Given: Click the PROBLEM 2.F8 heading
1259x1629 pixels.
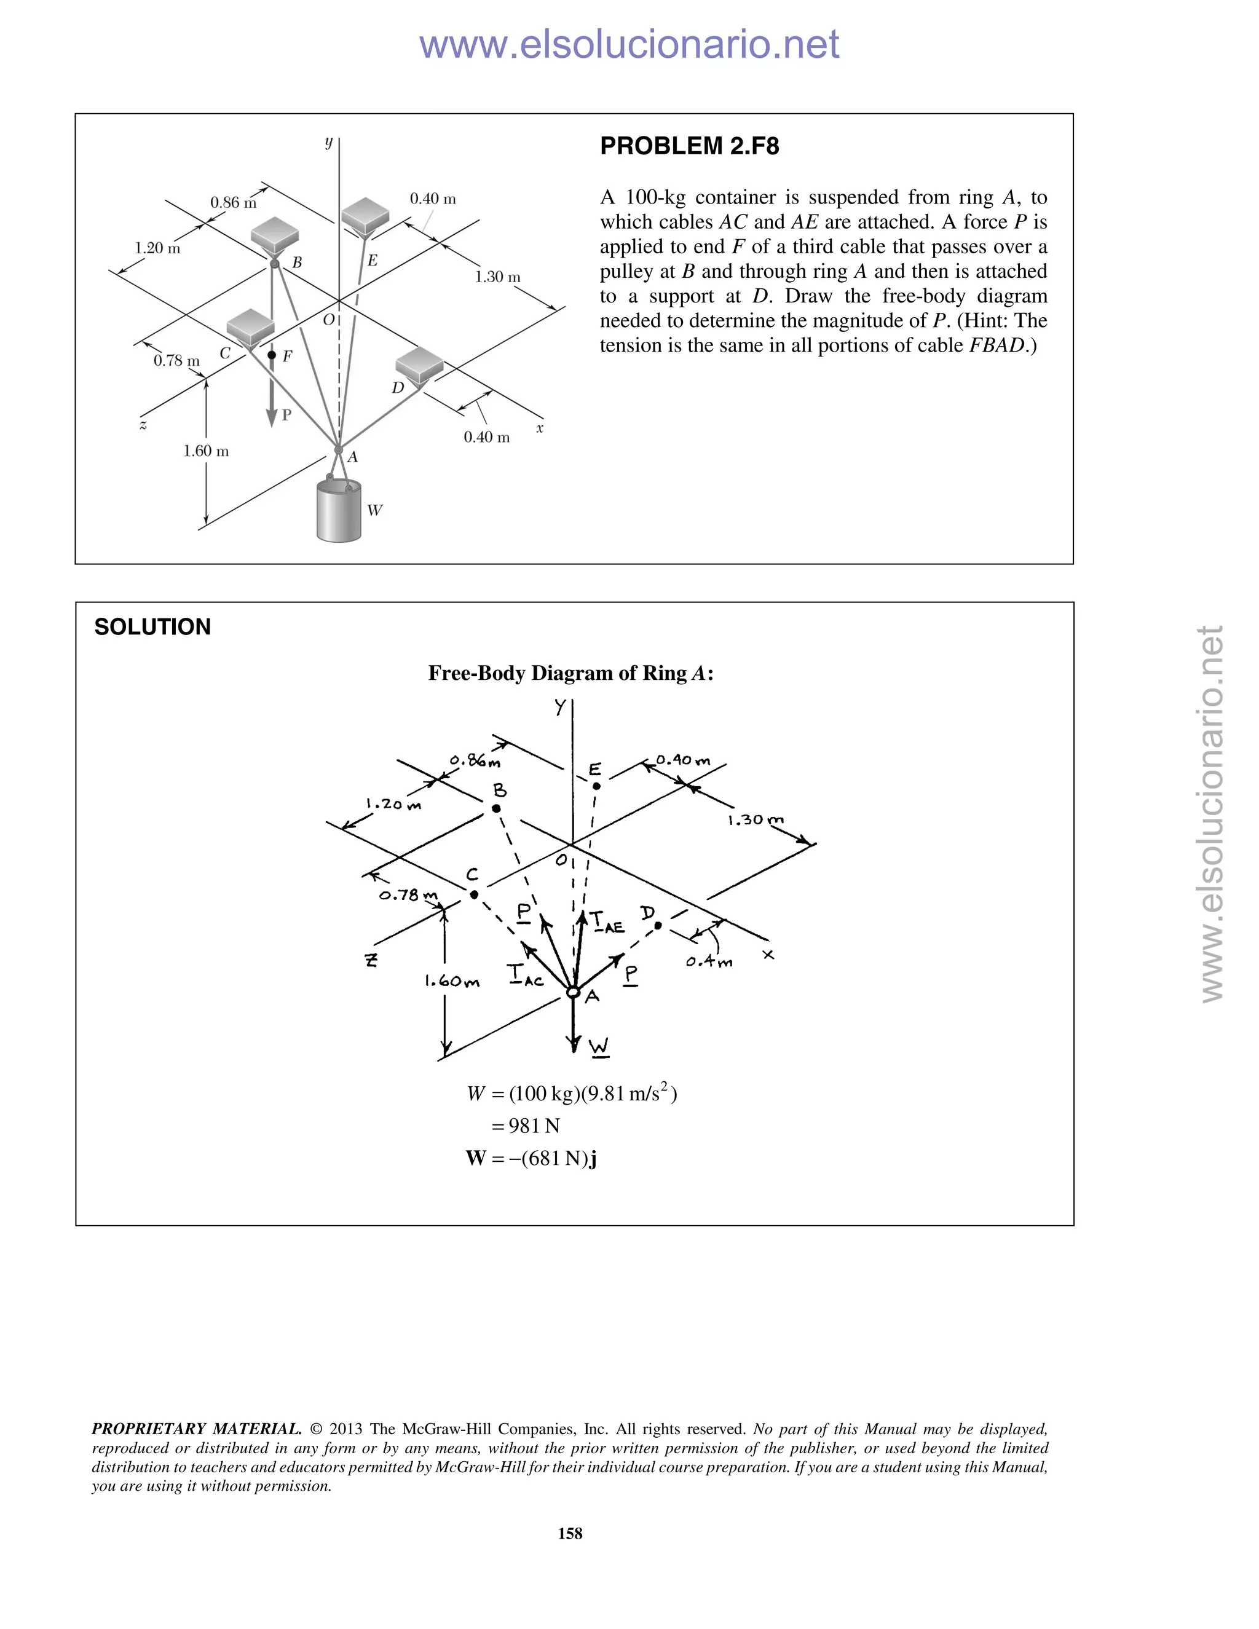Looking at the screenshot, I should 689,146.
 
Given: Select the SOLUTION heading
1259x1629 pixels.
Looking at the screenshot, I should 152,626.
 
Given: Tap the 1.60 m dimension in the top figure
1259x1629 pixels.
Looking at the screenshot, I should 206,451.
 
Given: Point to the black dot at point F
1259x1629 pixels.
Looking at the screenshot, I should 272,355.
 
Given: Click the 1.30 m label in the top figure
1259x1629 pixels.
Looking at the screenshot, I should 497,277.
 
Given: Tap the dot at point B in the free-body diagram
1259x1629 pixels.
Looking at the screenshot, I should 496,808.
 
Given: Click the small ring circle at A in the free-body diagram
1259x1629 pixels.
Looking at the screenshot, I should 573,992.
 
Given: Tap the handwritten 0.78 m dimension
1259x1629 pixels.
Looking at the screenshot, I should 408,895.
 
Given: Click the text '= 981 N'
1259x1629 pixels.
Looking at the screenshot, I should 525,1126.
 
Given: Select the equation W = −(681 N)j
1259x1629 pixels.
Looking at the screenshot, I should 531,1158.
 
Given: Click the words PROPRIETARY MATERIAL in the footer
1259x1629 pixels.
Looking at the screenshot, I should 196,1429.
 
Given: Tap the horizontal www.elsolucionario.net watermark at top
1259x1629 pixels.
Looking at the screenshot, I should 629,45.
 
